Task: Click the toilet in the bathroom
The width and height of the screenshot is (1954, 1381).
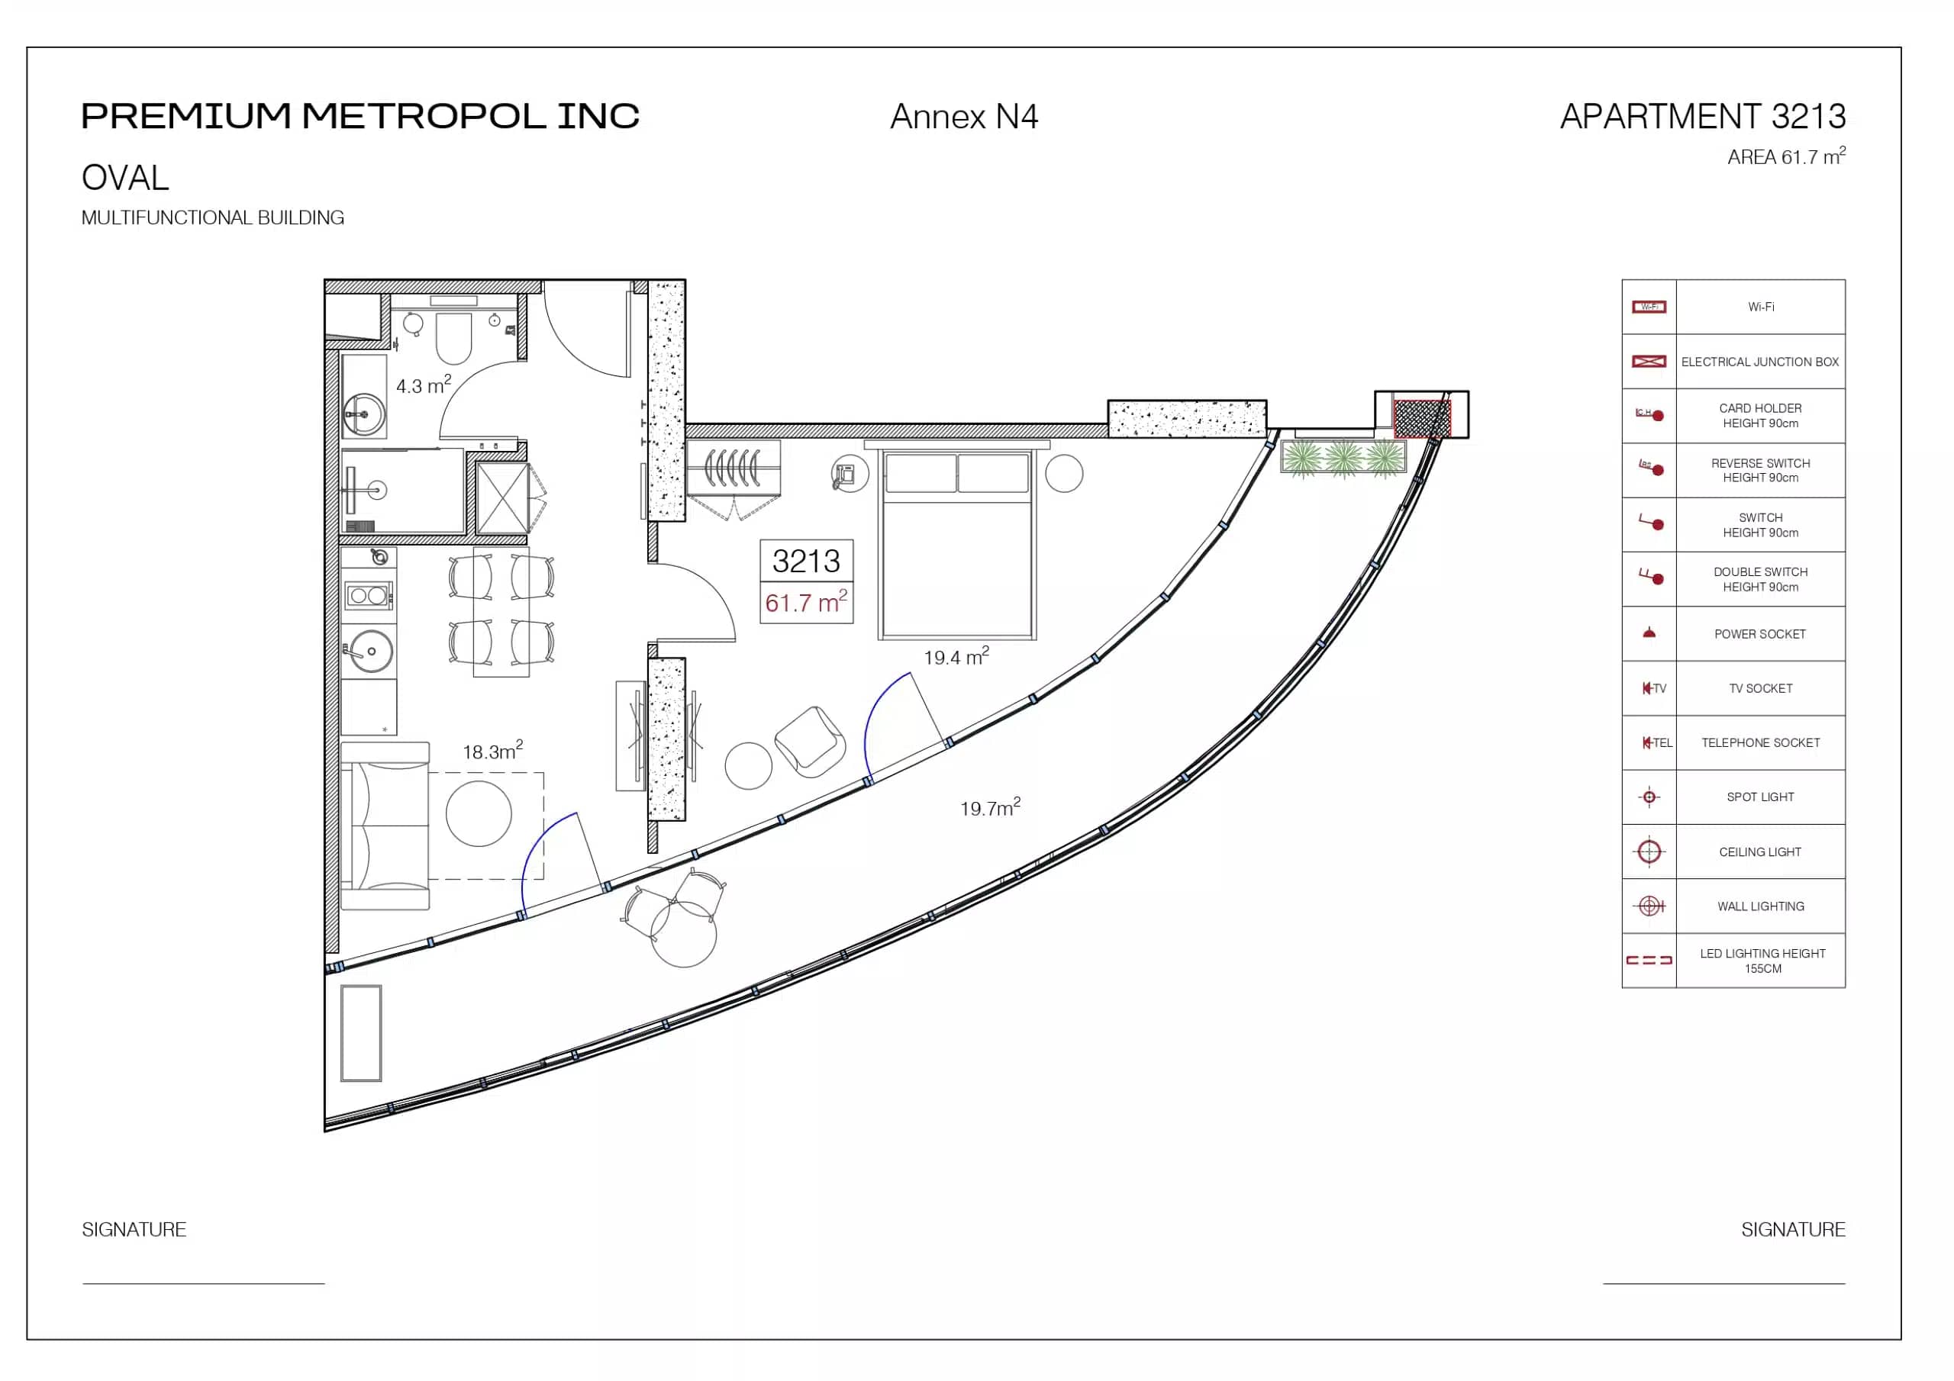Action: pyautogui.click(x=453, y=338)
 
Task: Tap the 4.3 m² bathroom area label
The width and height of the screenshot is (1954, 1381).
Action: pyautogui.click(x=424, y=385)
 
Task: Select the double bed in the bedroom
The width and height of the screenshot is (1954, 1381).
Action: pyautogui.click(x=957, y=544)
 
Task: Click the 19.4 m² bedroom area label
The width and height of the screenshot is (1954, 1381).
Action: pyautogui.click(x=956, y=656)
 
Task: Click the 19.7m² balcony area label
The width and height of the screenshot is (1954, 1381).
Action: pyautogui.click(x=990, y=806)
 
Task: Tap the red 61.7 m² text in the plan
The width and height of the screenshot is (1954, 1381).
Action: pyautogui.click(x=806, y=601)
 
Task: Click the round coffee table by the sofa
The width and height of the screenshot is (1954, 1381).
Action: pyautogui.click(x=479, y=813)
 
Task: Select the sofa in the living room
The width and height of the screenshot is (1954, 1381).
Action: pyautogui.click(x=385, y=826)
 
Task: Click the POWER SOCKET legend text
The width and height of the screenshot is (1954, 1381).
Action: pyautogui.click(x=1760, y=634)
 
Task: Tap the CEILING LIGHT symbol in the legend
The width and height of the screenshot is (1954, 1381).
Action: pyautogui.click(x=1649, y=851)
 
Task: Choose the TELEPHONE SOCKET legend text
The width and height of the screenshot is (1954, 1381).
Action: pyautogui.click(x=1760, y=743)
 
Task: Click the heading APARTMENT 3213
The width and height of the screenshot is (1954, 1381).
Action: pyautogui.click(x=1703, y=117)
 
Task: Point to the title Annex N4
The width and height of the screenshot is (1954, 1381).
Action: pyautogui.click(x=963, y=117)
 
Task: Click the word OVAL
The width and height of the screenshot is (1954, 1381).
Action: pyautogui.click(x=125, y=178)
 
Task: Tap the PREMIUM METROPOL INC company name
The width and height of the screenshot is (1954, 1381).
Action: pyautogui.click(x=360, y=117)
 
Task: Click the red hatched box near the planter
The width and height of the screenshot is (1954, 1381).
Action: pyautogui.click(x=1421, y=419)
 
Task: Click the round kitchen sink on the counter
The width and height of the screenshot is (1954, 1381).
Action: pyautogui.click(x=371, y=651)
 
